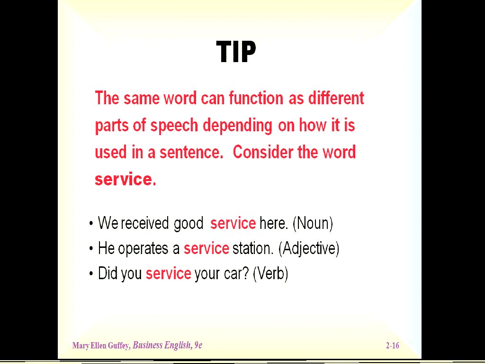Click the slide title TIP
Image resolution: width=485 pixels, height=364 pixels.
236,52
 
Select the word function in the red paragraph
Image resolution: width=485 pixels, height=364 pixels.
256,99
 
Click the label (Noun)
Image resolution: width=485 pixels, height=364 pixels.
313,223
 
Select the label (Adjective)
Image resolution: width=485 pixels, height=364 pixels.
309,248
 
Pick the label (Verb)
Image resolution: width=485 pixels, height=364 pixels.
270,273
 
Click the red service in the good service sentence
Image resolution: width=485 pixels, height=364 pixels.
233,223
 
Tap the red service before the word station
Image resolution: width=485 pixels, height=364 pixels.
207,248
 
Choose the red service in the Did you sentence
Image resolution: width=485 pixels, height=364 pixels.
168,273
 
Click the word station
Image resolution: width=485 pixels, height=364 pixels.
253,248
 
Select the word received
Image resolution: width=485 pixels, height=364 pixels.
145,223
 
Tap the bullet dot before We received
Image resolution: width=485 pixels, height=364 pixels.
91,224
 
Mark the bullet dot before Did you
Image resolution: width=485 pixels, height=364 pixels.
91,274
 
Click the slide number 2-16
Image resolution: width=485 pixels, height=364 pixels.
393,346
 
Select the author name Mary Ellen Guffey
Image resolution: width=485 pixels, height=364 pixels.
101,346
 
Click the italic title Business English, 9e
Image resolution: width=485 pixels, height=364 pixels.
167,345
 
